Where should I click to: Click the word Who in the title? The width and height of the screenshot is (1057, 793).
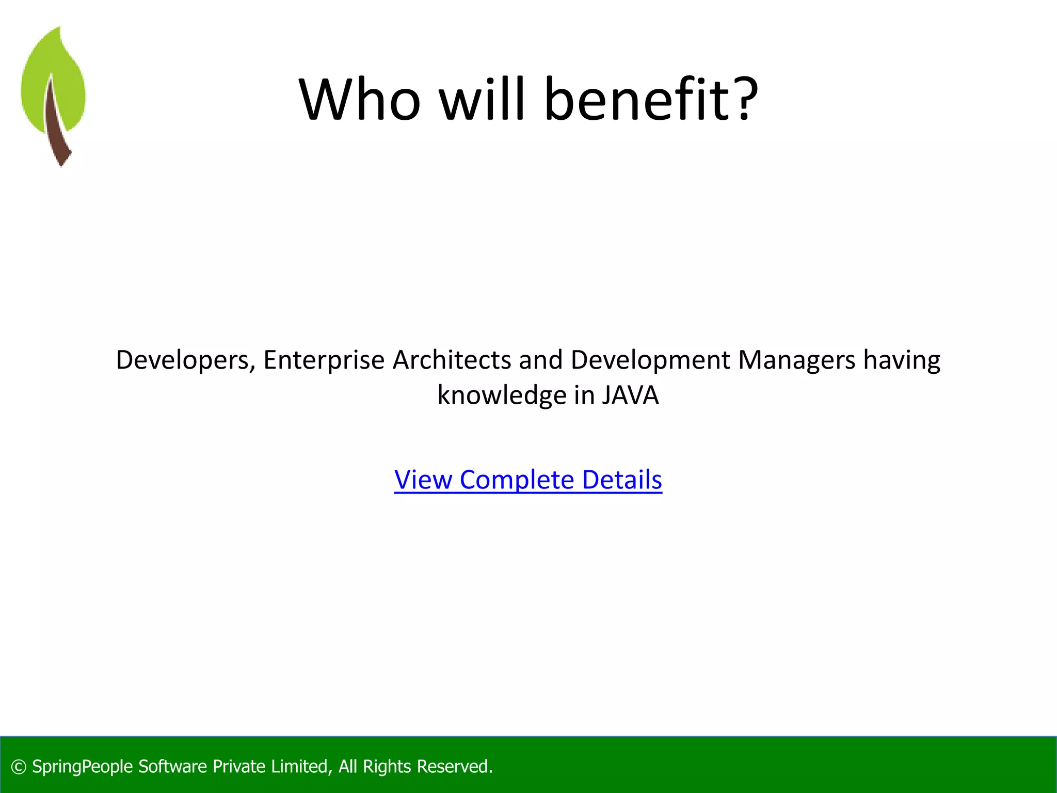tap(360, 99)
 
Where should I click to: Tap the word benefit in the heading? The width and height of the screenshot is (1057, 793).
tap(639, 99)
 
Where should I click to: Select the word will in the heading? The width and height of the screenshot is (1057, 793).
tap(482, 99)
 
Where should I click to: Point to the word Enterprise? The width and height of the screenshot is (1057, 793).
tap(324, 360)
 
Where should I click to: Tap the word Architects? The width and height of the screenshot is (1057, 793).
tap(452, 360)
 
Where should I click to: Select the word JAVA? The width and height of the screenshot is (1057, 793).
tap(630, 395)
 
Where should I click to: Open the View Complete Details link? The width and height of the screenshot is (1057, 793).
tap(528, 480)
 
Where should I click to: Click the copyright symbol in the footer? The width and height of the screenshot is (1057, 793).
tap(19, 767)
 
